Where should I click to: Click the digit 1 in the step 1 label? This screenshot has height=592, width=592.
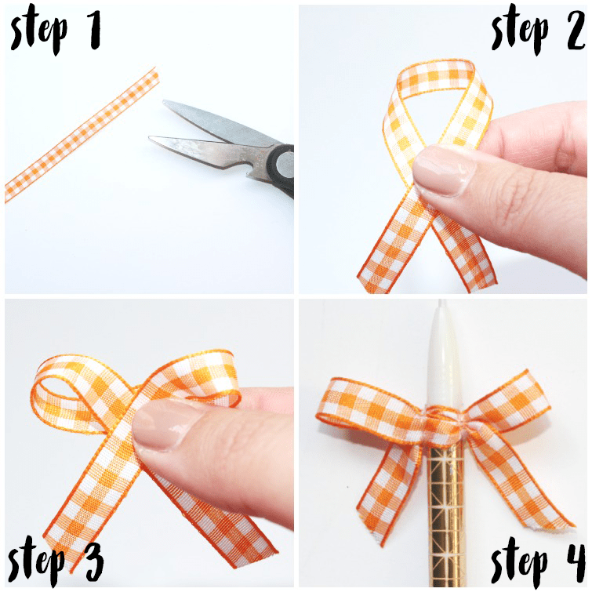tap(94, 30)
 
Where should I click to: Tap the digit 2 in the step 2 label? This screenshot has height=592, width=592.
tap(575, 30)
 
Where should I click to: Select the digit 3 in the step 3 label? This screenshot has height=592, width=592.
tap(93, 561)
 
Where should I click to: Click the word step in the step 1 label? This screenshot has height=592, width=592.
tap(39, 32)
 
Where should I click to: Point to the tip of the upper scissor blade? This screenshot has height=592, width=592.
tap(163, 101)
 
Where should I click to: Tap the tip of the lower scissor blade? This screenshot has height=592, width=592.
tap(149, 138)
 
